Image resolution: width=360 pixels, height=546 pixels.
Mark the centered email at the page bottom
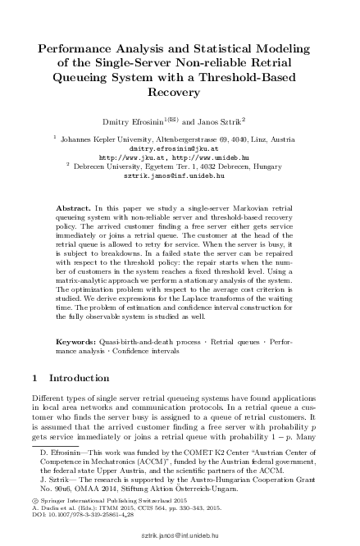180,532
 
